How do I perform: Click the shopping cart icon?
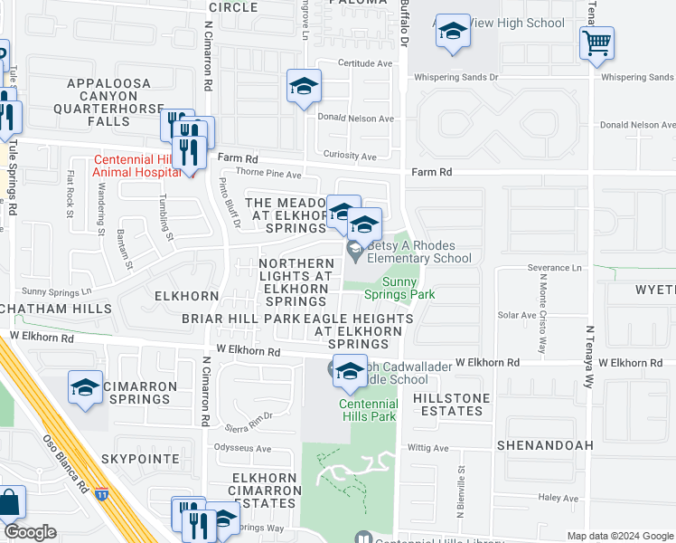pos(596,42)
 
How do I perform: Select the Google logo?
pos(30,532)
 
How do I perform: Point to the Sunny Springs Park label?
pos(399,288)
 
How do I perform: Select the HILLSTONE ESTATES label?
pos(452,404)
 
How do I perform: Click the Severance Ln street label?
pos(554,268)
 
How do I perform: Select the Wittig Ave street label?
pos(427,448)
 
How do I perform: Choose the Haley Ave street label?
pos(558,498)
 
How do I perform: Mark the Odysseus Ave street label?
pos(243,448)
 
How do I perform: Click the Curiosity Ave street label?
pos(350,157)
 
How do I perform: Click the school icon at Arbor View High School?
pos(452,33)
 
